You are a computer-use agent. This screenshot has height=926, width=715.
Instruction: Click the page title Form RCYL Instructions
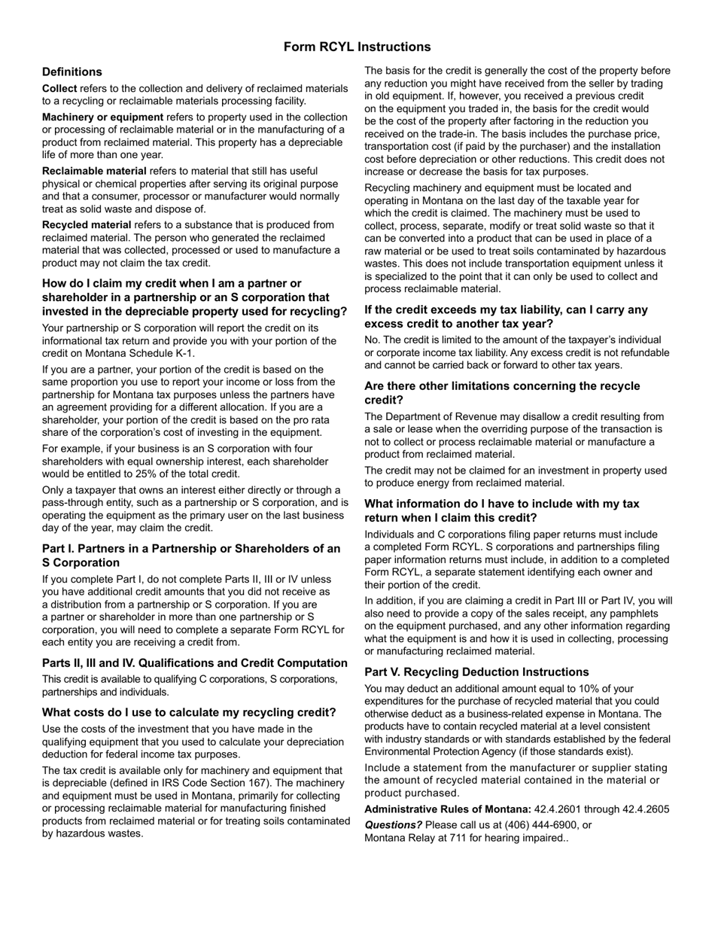357,47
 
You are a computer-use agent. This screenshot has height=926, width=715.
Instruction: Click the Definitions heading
72,72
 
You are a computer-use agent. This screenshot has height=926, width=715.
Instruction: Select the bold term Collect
59,89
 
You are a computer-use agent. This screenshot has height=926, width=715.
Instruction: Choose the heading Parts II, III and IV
195,663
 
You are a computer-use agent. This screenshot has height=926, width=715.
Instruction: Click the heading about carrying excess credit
506,317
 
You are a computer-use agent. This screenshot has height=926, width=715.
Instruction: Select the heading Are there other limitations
502,393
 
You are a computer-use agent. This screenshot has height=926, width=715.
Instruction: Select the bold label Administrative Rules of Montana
448,809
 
